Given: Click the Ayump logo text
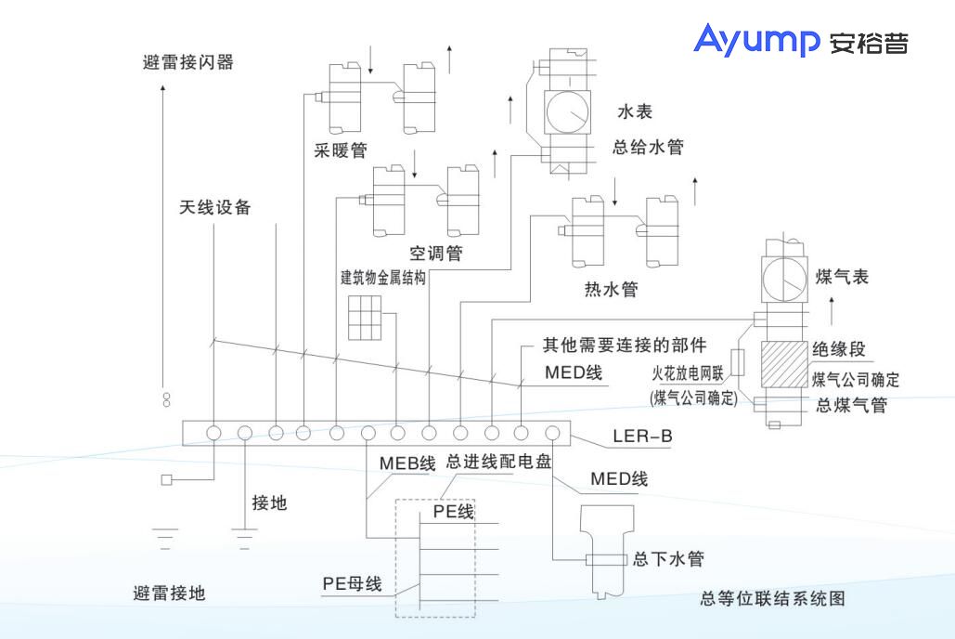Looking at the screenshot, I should click(756, 40).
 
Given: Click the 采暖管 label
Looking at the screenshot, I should click(341, 150).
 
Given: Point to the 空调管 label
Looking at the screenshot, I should click(436, 253).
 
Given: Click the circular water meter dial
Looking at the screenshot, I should click(566, 112).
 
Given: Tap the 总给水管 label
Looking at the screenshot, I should click(648, 147).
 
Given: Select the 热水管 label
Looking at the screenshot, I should click(612, 289).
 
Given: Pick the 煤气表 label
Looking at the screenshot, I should click(842, 277).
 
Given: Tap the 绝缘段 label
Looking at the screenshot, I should click(839, 349).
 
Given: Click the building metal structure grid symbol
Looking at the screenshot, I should click(368, 319).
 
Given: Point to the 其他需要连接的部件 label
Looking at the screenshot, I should click(625, 346).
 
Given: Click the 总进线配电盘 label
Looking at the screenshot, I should click(499, 462).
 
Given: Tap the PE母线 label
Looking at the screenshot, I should click(352, 584).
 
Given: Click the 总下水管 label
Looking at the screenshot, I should click(668, 559).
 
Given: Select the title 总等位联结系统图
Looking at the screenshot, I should click(772, 598).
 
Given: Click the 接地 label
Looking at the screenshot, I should click(269, 503).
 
